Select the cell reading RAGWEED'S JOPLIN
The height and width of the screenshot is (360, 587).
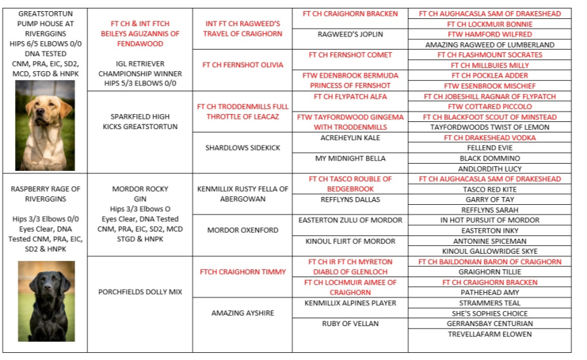pos(350,34)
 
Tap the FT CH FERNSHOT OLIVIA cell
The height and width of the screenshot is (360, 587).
pos(243,65)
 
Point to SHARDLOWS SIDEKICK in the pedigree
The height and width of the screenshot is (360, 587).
pos(243,148)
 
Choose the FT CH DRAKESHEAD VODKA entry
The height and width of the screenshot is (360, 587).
pos(489,138)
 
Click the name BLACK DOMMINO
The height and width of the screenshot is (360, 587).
pos(489,158)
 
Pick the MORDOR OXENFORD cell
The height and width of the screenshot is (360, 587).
pos(243,230)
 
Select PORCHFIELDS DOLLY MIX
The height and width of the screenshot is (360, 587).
pos(140,292)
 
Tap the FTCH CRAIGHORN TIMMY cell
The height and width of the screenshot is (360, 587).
pos(243,272)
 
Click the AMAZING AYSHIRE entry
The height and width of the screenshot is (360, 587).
pos(243,313)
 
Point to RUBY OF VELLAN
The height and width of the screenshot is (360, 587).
pos(350,323)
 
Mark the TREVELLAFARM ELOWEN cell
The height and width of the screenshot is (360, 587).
pos(489,334)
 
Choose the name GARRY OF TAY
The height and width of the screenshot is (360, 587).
pos(489,200)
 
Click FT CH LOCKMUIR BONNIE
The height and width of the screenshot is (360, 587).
pos(489,23)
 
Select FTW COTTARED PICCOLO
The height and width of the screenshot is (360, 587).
pos(489,107)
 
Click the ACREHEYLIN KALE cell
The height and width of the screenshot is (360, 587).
pos(350,138)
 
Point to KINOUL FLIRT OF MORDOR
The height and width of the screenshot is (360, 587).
pos(350,241)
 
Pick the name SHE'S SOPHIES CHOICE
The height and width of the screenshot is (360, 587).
pos(489,314)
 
